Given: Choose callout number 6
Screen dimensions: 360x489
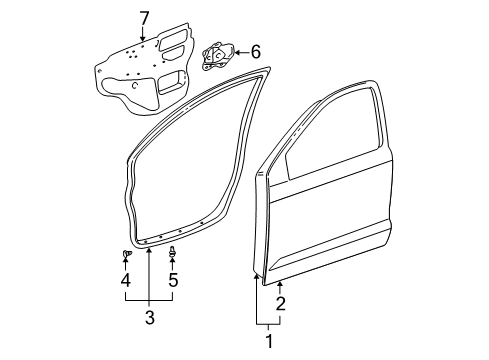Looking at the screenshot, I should click(255, 51).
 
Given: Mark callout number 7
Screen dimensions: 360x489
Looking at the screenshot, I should click(143, 17).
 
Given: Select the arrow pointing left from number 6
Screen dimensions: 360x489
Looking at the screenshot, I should click(241, 52).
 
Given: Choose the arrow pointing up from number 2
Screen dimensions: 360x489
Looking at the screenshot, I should click(281, 288).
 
